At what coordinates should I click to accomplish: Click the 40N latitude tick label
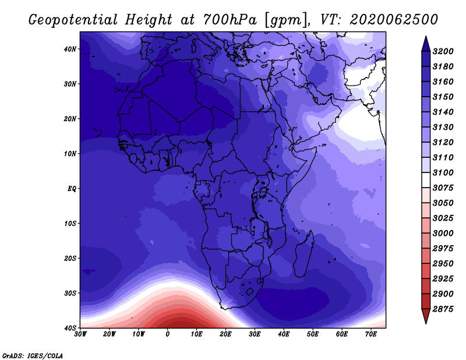[70, 49]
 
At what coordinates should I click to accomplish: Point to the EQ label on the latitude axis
[72, 189]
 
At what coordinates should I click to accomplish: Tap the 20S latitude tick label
[70, 258]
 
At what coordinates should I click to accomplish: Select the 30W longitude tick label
[80, 334]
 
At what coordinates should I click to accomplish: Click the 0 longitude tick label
[168, 334]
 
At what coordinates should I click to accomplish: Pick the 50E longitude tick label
[313, 334]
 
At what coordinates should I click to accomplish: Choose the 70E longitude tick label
[371, 334]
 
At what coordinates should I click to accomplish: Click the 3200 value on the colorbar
[443, 51]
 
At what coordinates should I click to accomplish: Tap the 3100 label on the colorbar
[443, 172]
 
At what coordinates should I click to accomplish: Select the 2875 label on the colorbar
[443, 309]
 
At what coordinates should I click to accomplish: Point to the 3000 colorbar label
[443, 233]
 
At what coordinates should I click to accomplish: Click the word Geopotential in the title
[73, 20]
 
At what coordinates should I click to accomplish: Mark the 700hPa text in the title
[230, 20]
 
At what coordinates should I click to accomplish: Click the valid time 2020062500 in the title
[394, 20]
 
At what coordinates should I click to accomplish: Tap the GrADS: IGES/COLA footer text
[33, 356]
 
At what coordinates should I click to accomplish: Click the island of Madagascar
[303, 254]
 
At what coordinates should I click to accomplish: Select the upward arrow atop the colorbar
[426, 44]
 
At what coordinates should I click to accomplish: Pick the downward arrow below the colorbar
[426, 316]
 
